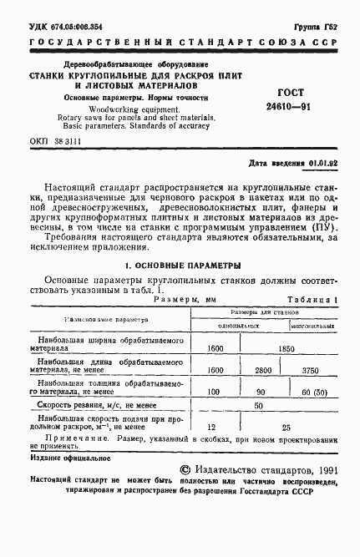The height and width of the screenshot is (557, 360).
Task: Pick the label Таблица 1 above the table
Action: (x=313, y=299)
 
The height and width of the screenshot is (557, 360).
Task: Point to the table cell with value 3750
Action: (x=312, y=369)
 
